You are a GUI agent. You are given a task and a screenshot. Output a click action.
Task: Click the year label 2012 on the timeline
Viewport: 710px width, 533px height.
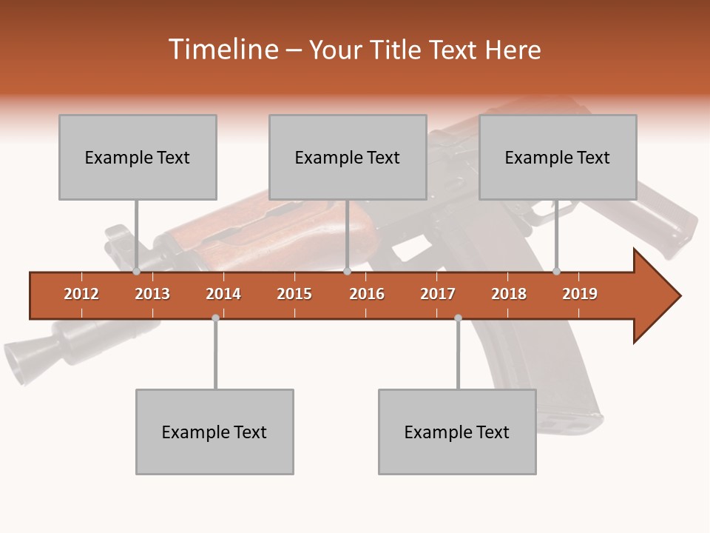point(81,294)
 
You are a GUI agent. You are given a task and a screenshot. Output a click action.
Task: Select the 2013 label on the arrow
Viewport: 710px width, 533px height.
point(152,294)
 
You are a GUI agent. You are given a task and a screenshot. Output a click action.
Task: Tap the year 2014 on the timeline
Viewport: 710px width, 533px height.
point(223,294)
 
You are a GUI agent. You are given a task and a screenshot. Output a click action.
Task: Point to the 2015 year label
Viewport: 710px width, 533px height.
point(294,294)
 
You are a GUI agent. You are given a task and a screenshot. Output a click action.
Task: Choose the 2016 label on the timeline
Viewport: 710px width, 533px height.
point(367,294)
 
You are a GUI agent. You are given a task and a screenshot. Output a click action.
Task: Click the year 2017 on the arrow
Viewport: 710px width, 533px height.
point(438,294)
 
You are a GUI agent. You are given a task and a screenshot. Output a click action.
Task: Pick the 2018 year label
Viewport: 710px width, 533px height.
point(509,294)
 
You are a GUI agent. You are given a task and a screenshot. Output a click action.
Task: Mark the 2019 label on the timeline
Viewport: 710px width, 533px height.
point(580,294)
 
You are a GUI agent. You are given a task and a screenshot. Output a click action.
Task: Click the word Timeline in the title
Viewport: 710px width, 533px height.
point(222,50)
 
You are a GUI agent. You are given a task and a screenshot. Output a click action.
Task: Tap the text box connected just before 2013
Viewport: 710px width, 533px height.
point(138,157)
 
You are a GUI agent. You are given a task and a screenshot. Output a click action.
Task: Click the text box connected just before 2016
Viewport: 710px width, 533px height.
point(348,157)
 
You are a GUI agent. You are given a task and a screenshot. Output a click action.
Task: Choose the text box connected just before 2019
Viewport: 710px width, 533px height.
point(558,157)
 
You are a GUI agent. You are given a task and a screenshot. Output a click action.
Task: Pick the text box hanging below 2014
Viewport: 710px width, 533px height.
point(214,432)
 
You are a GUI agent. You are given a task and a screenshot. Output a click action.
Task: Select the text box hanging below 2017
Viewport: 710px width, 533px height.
point(457,432)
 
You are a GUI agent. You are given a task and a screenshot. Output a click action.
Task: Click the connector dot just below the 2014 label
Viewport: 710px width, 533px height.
point(215,318)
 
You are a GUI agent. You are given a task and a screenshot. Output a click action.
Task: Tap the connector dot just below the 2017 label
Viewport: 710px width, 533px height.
point(458,318)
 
